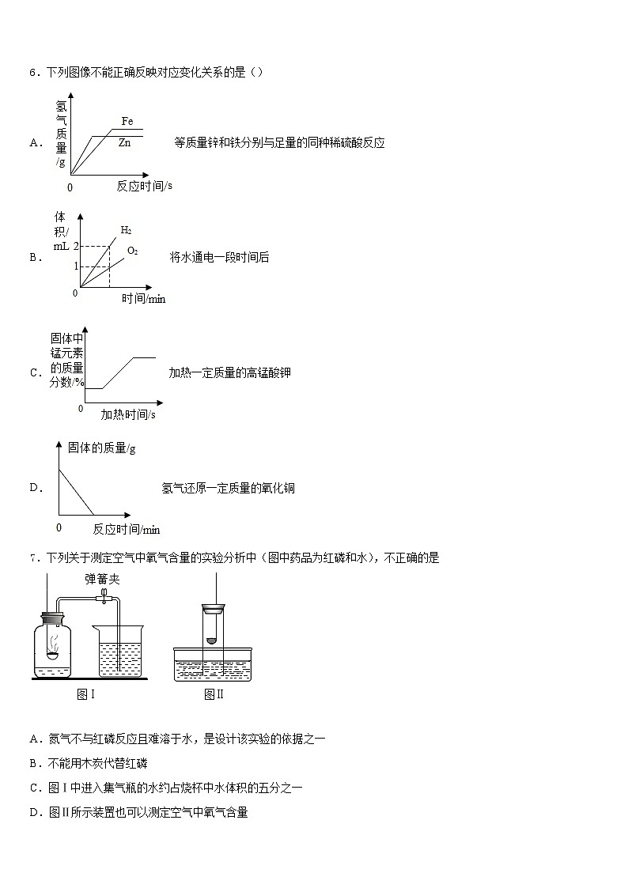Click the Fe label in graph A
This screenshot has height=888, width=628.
(127, 121)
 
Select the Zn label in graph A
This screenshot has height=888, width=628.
(124, 143)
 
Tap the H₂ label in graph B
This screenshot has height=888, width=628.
(126, 230)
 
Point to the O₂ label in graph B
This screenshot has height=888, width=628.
(133, 251)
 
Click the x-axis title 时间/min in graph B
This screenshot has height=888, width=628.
(143, 299)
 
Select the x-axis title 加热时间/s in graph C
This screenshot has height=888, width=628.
(127, 414)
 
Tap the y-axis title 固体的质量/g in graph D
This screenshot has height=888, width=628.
(101, 448)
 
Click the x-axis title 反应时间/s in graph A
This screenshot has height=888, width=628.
(144, 187)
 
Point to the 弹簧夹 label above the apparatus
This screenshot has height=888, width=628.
(102, 580)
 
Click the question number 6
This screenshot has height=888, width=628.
(33, 73)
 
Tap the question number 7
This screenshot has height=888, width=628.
(33, 558)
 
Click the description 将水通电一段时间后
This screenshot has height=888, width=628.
(219, 257)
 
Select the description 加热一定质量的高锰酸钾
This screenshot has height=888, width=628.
(229, 372)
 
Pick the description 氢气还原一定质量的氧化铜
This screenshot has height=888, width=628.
(228, 488)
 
